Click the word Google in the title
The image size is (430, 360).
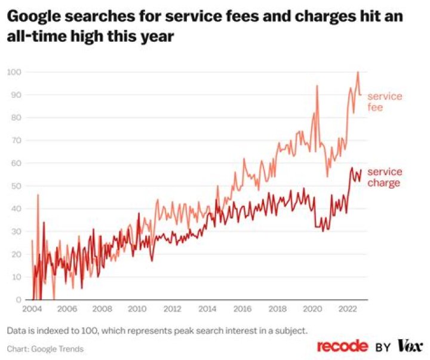35,18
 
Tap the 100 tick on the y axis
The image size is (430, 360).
14,72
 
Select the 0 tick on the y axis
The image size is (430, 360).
19,300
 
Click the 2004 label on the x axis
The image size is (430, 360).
32,309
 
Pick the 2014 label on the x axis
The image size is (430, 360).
207,309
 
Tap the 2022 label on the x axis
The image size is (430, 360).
348,309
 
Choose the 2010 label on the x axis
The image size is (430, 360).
137,309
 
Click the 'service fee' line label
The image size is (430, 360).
384,101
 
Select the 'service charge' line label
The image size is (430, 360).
384,177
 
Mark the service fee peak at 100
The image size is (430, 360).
358,72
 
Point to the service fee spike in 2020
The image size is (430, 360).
317,86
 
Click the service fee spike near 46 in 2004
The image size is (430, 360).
38,195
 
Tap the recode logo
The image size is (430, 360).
343,346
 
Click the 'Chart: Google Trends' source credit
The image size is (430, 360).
45,349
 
